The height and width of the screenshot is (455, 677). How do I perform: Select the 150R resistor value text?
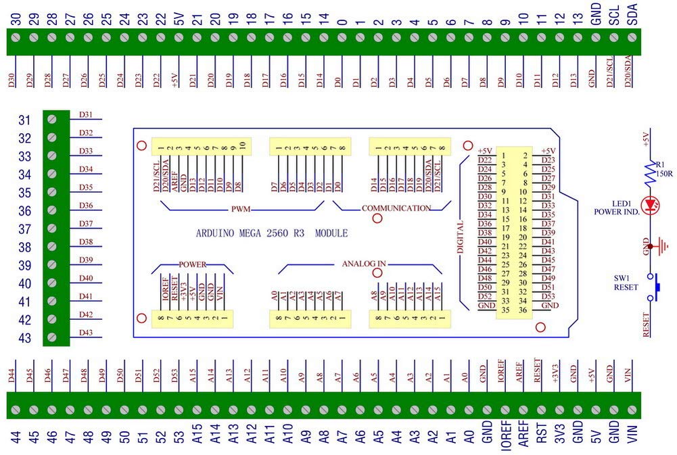(663, 174)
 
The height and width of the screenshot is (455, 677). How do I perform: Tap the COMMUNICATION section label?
(396, 208)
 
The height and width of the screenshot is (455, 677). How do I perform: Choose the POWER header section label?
(192, 264)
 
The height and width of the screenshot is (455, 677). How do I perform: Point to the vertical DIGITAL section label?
(461, 237)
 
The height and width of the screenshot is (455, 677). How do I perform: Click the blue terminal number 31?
(24, 120)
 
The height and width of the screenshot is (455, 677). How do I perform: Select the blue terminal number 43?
(24, 338)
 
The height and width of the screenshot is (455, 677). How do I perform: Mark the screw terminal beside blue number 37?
(52, 229)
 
